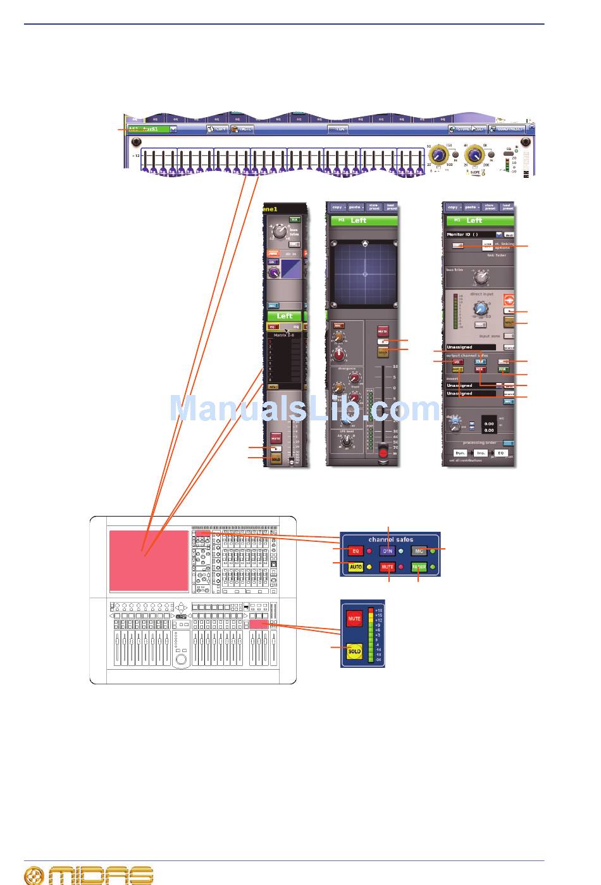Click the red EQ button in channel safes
356,551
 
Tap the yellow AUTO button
356,567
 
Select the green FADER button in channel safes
419,567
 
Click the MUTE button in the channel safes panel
387,567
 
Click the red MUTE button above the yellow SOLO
354,618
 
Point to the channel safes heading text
390,540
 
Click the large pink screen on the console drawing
149,560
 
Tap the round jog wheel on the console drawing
182,660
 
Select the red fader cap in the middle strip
381,451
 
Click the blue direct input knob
481,309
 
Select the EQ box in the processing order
500,453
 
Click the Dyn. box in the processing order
461,453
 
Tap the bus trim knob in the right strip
481,277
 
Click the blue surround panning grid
364,273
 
